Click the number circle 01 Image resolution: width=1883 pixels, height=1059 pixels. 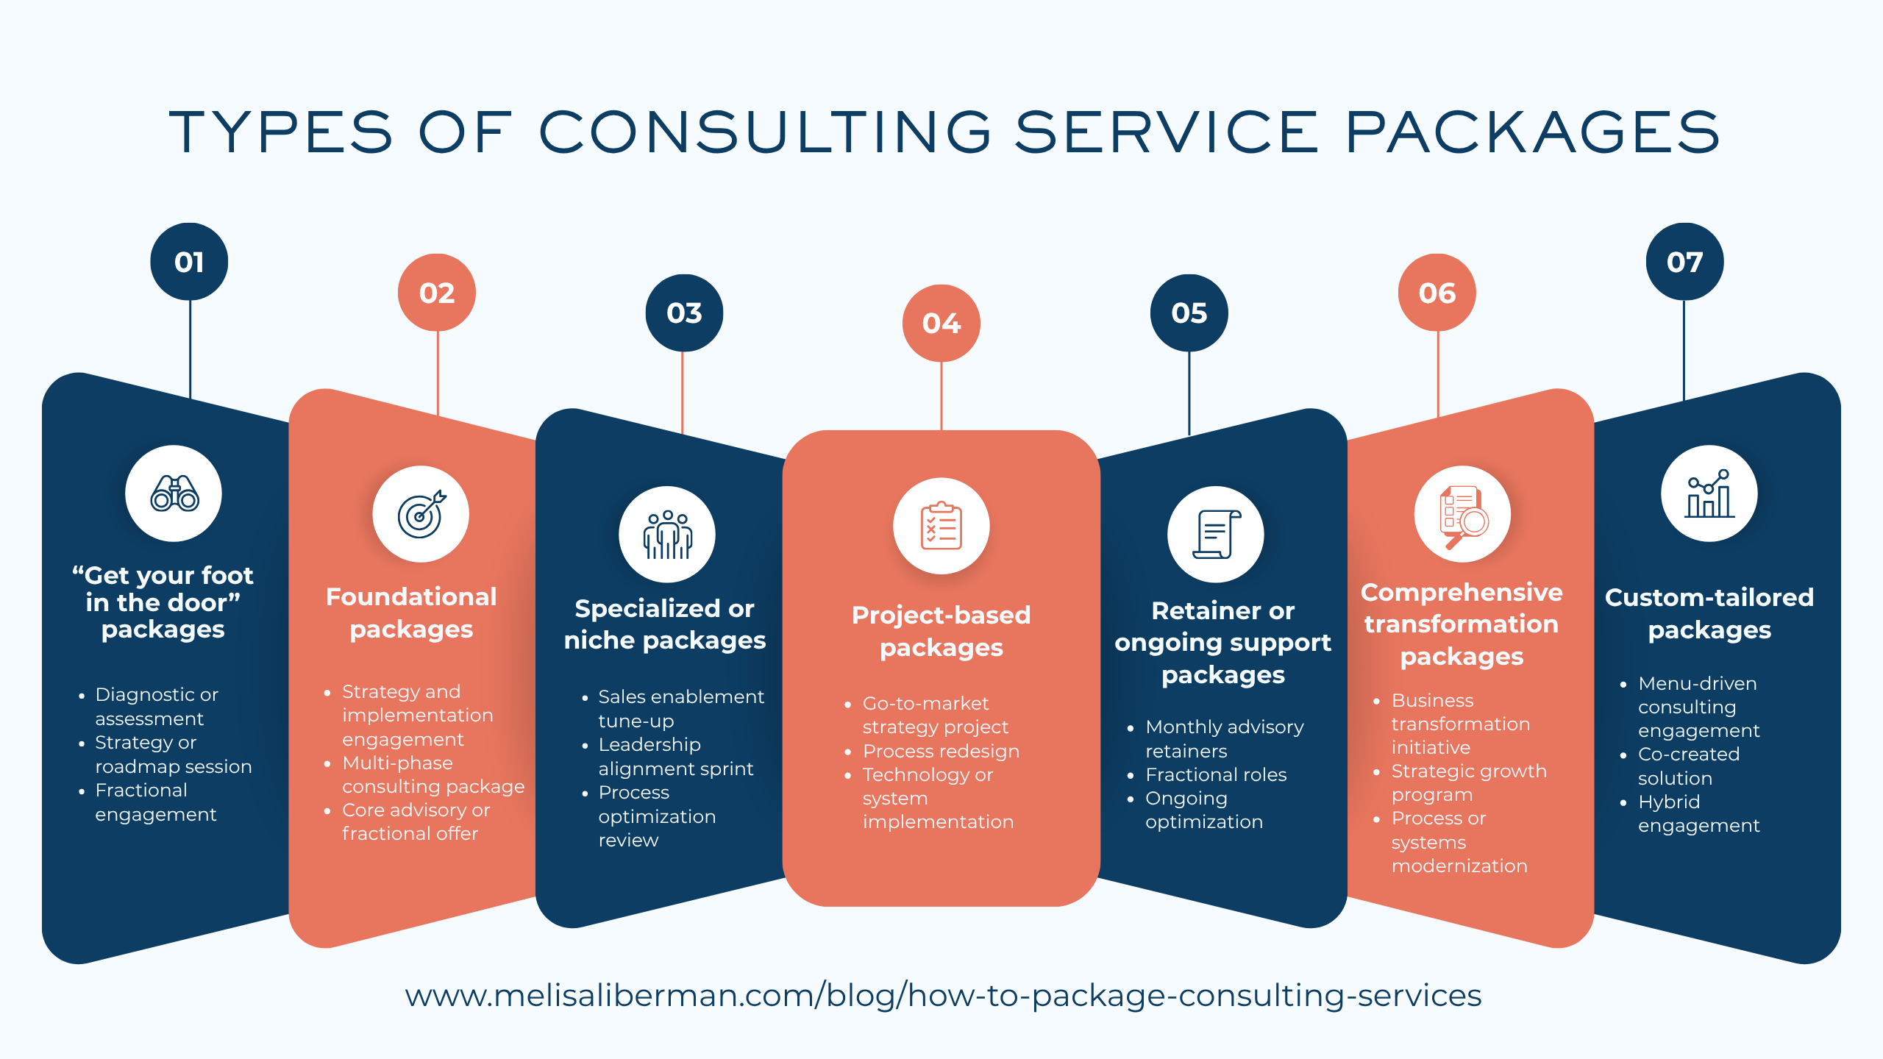tap(189, 262)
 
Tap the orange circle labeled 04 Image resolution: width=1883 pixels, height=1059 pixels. tap(941, 323)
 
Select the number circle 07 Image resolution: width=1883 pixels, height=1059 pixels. tap(1684, 262)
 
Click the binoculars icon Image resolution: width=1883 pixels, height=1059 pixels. tap(174, 493)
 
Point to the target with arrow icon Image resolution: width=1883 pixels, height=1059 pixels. tap(421, 514)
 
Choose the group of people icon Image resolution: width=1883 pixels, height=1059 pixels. tap(667, 535)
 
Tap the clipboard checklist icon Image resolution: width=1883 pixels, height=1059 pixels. tap(941, 526)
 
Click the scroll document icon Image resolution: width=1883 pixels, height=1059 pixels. tap(1215, 535)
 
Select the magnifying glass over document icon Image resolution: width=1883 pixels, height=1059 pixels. tap(1462, 515)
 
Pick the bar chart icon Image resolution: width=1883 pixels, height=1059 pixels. tap(1709, 493)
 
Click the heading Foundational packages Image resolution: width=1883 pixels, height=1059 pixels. tap(411, 613)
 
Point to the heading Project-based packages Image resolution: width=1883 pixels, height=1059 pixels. tap(941, 631)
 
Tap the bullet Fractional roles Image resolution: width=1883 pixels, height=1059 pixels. tap(1216, 774)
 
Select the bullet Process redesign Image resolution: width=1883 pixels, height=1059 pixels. tap(941, 751)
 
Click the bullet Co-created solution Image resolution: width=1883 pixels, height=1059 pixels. tap(1688, 766)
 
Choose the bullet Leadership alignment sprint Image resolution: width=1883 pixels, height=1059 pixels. tap(675, 756)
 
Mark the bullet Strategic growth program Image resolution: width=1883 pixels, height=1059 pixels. tap(1468, 782)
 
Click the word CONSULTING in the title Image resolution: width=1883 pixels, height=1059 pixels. tap(766, 132)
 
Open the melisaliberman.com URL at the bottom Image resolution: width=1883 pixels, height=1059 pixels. tap(942, 995)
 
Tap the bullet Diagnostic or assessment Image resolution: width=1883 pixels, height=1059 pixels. tap(156, 706)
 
